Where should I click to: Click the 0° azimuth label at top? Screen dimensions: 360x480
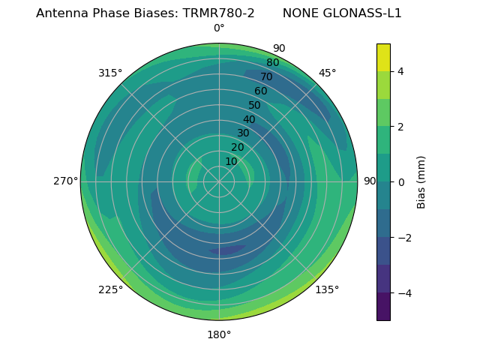[219, 28]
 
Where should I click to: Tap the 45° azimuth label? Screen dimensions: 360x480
[327, 73]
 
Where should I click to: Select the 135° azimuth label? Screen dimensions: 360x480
[327, 289]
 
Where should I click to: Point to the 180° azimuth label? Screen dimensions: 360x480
[219, 334]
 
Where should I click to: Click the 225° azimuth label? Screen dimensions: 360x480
[110, 289]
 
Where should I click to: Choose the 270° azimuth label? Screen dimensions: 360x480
[66, 181]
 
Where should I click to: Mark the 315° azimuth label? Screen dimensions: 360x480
[110, 73]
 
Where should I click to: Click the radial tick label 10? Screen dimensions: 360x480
[231, 161]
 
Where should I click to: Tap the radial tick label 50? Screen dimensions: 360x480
[254, 106]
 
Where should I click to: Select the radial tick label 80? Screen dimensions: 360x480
[272, 62]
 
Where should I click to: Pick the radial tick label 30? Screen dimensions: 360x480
[243, 133]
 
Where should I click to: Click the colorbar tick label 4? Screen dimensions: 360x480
[400, 71]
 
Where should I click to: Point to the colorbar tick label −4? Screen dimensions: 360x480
[403, 293]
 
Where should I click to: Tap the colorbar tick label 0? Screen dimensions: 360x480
[400, 182]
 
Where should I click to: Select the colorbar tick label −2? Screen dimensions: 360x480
[403, 238]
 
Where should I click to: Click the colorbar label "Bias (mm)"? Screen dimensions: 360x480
[421, 182]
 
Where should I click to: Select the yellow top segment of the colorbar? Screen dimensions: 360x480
[383, 57]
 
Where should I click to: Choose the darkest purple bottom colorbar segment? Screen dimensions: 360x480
[383, 307]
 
